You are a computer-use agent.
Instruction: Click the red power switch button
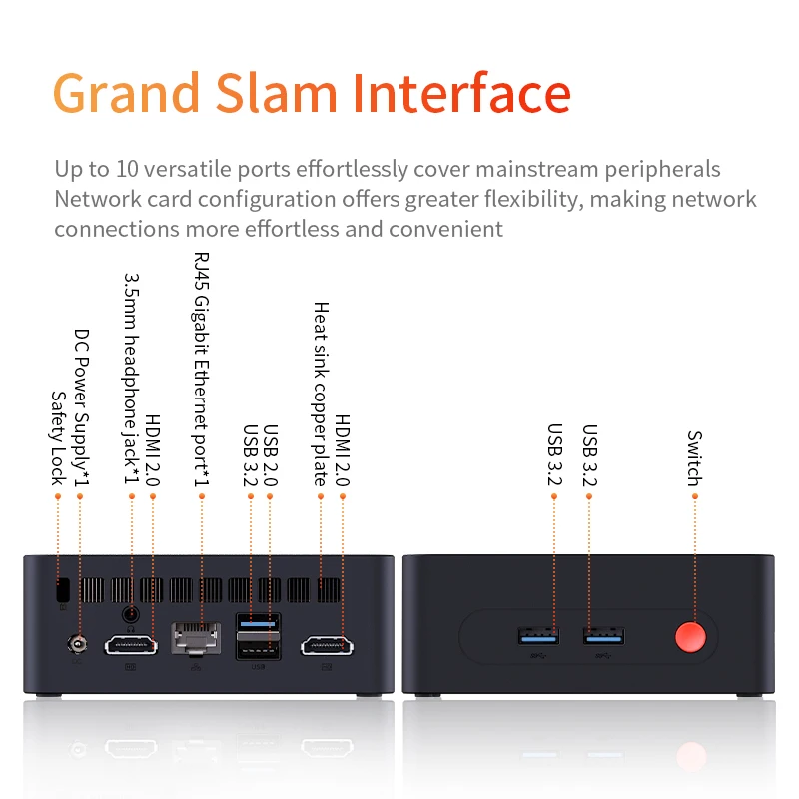690,637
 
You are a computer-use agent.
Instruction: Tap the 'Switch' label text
694,458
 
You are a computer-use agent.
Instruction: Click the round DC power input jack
77,644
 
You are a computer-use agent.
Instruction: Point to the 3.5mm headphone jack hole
131,614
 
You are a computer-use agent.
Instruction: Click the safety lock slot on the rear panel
63,590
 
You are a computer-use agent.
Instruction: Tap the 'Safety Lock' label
59,438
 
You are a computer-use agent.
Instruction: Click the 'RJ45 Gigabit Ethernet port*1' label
202,369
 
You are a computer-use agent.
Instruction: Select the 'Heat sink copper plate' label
321,394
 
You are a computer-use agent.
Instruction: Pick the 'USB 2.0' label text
270,455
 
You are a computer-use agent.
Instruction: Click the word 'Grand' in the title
126,93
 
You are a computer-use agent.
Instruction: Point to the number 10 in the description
127,169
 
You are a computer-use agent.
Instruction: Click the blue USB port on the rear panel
258,622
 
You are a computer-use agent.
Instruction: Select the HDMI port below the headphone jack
131,645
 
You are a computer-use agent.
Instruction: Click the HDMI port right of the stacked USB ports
327,646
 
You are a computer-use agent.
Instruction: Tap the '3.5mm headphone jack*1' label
132,380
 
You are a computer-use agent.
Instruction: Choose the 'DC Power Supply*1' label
82,407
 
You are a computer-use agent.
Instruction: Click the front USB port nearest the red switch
604,637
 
